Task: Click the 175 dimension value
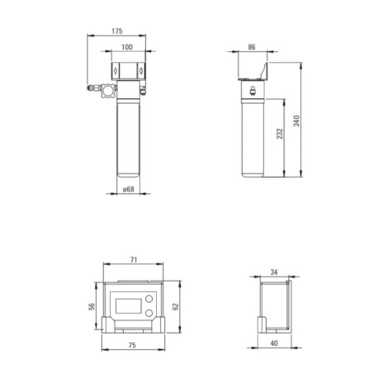117,31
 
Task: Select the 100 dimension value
127,47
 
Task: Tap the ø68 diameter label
129,189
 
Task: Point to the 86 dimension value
252,47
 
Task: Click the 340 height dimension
296,121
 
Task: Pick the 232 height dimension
280,134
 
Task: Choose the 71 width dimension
134,259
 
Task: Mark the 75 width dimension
132,345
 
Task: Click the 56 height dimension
92,306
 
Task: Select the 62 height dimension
176,306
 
